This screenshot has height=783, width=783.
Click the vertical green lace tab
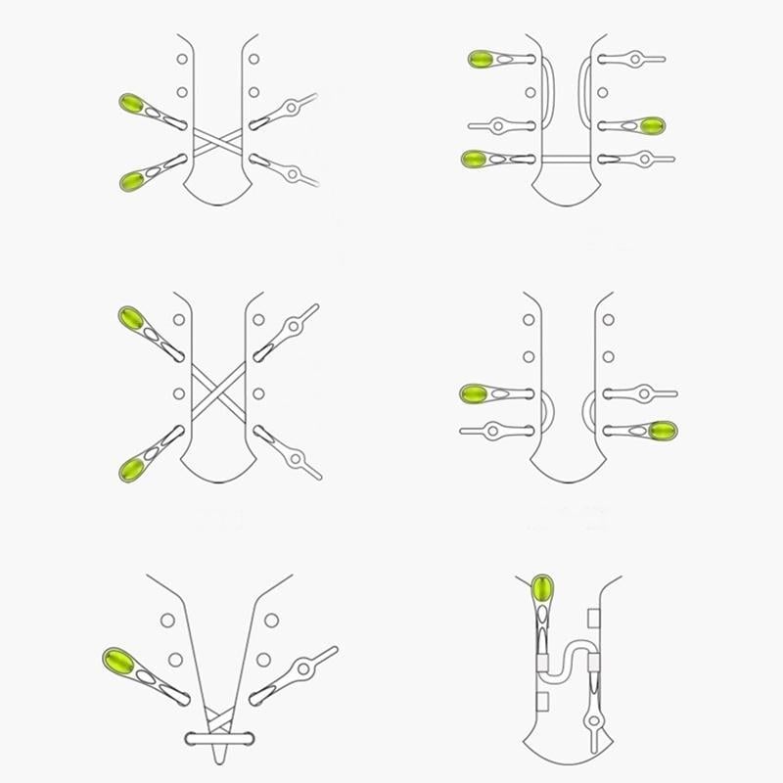542,592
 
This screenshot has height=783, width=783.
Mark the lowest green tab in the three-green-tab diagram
477,159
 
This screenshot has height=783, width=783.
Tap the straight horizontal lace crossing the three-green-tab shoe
569,158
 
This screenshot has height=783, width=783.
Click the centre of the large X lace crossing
217,391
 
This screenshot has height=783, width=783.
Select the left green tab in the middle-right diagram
476,394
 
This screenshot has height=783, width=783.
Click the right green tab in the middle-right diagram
663,430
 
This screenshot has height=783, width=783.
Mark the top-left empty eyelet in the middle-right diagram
529,320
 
